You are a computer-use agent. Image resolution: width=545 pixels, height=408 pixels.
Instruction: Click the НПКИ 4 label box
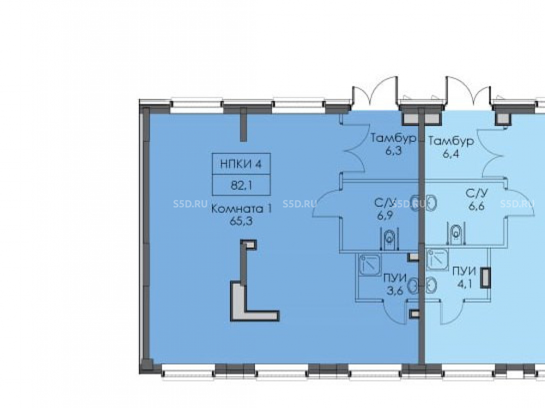point(241,163)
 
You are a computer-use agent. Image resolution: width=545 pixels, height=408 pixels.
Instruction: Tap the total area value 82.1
point(241,186)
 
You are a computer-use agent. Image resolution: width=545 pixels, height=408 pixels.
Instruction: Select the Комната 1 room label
point(241,209)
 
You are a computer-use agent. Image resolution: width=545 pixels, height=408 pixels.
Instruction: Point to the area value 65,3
point(241,221)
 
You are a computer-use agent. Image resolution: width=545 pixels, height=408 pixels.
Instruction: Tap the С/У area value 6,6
point(476,206)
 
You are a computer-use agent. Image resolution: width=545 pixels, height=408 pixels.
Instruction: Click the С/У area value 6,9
point(385,215)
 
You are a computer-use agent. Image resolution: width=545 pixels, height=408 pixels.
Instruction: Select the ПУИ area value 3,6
point(395,290)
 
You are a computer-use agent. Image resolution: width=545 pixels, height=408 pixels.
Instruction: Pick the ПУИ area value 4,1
point(464,284)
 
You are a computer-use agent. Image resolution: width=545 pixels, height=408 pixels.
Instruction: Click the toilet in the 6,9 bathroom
point(390,239)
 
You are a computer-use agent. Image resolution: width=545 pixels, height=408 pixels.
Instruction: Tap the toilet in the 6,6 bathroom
point(456,234)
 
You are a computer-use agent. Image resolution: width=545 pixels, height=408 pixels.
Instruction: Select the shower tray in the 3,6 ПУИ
point(370,265)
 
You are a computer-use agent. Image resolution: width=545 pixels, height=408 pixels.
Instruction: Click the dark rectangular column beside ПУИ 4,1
point(485,277)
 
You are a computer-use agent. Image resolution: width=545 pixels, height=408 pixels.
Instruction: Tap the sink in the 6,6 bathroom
point(431,203)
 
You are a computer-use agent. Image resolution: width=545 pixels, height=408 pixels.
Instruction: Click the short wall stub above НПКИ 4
point(243,124)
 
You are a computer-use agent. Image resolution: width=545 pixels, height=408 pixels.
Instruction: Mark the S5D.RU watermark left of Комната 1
point(190,203)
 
